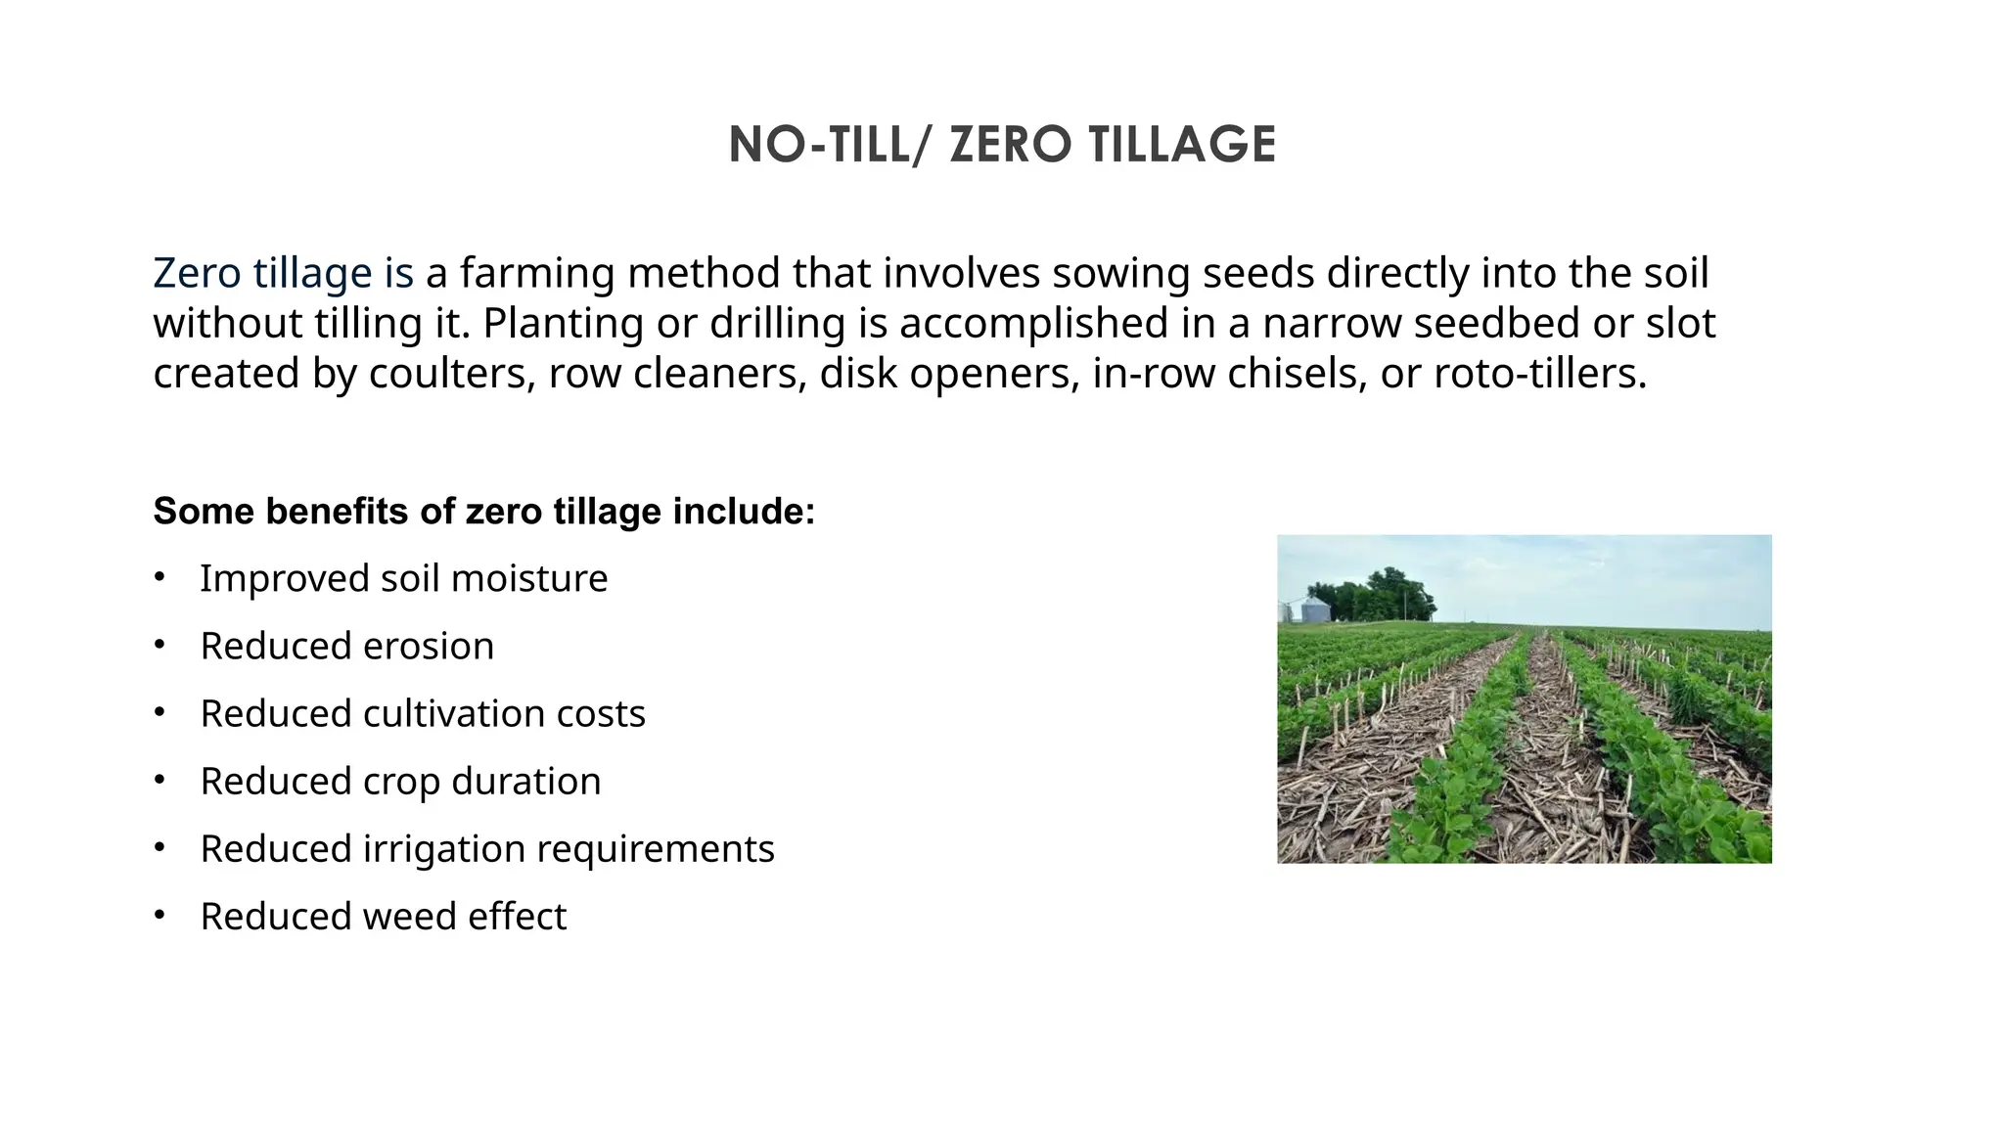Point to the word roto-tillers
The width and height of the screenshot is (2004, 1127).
(1540, 374)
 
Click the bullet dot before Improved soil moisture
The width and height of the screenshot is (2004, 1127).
(159, 578)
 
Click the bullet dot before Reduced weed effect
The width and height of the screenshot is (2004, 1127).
(159, 917)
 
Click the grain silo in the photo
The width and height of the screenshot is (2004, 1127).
(1314, 609)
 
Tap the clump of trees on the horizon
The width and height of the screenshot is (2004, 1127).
(1375, 594)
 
